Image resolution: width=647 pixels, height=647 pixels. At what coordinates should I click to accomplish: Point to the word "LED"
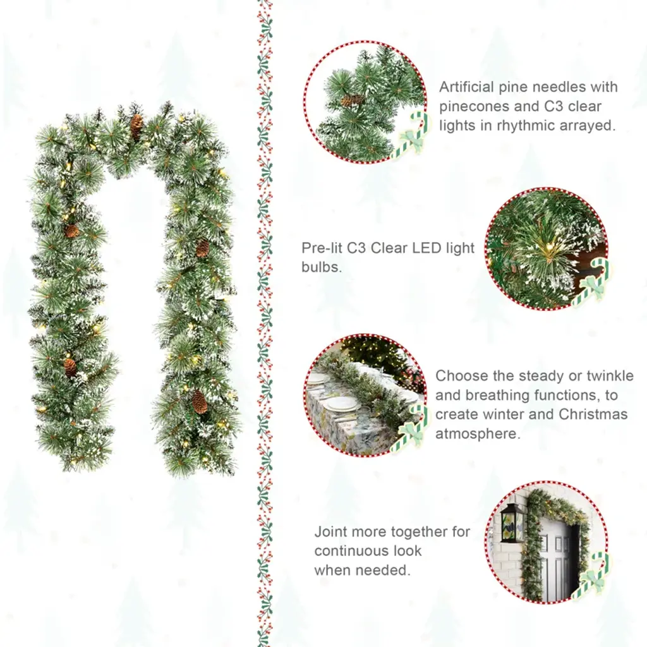[x=426, y=248]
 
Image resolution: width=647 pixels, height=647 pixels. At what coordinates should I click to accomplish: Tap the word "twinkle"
[x=610, y=376]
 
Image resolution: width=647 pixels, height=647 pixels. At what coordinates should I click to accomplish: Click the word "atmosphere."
[x=478, y=433]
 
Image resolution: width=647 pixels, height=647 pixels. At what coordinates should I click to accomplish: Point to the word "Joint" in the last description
[x=329, y=531]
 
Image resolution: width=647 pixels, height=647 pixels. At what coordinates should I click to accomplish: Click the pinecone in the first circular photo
[x=353, y=100]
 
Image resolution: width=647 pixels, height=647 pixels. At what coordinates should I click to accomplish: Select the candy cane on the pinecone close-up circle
[x=411, y=135]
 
